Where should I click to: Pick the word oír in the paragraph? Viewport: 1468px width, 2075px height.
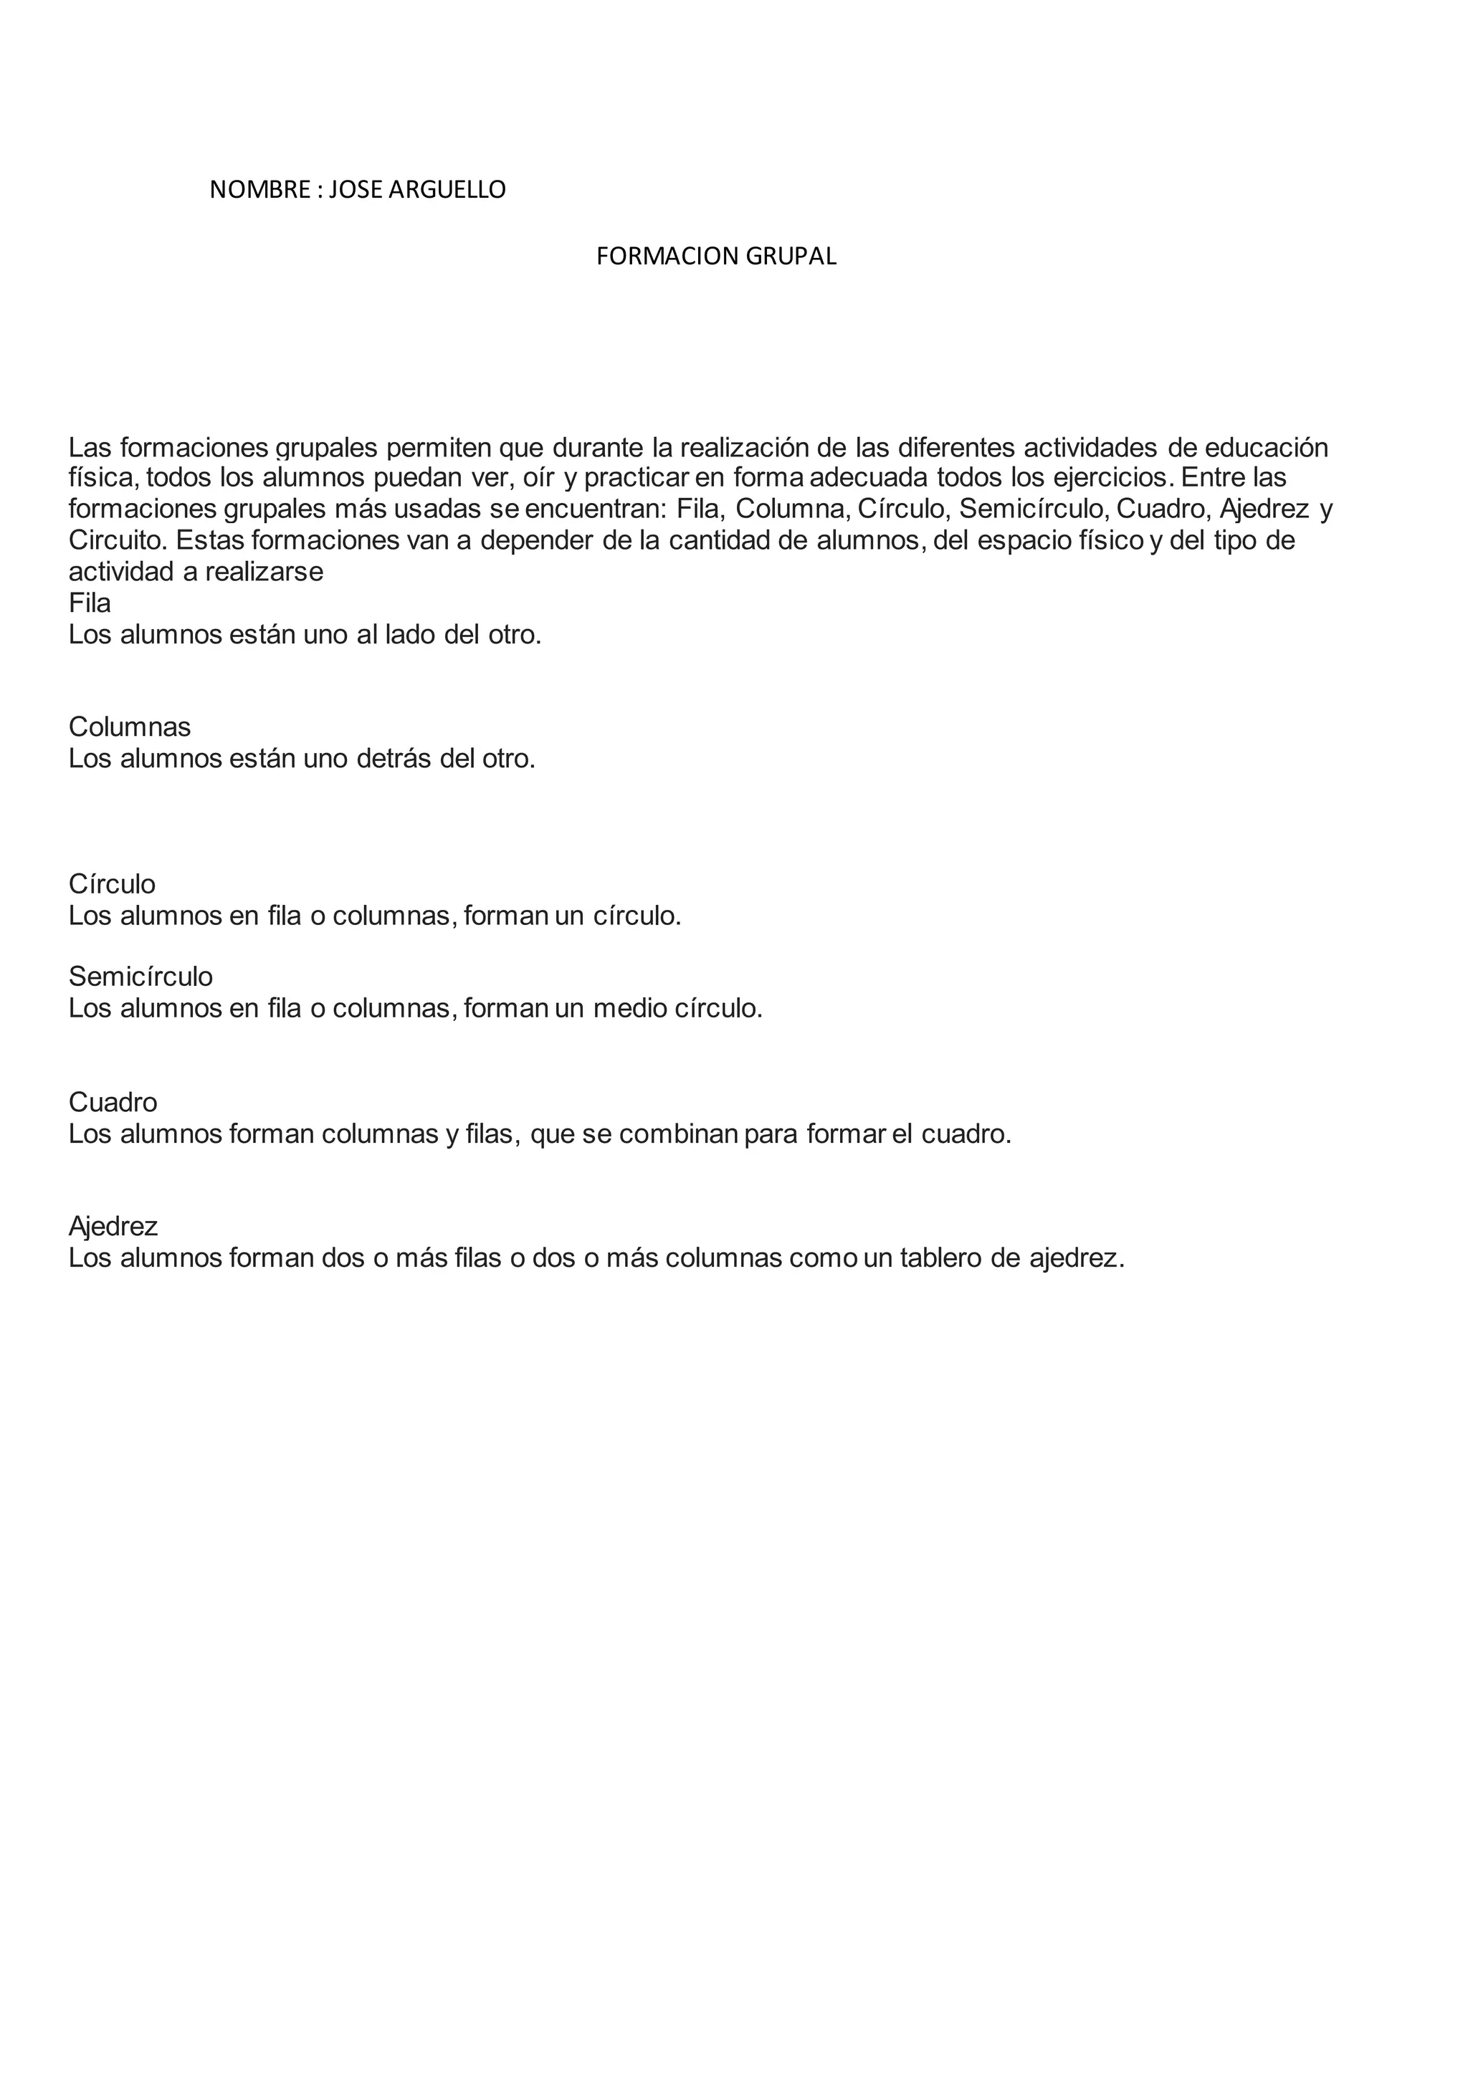tap(538, 477)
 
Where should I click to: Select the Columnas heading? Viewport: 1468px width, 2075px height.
tap(129, 727)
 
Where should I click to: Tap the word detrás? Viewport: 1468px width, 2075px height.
tap(394, 758)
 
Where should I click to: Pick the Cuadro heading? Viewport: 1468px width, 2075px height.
tap(113, 1102)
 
